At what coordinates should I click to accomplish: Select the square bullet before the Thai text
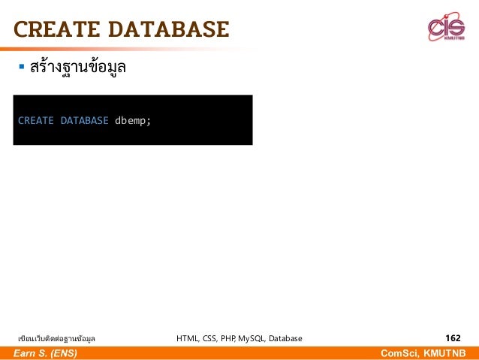tap(22, 68)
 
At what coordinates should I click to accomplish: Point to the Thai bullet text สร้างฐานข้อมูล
tap(77, 68)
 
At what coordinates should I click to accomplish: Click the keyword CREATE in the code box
tap(35, 120)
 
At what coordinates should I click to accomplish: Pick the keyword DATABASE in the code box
tap(84, 120)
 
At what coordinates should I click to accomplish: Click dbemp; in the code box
tap(133, 120)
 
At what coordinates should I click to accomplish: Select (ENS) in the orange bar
tap(61, 353)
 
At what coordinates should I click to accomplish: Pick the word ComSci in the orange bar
tap(400, 353)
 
